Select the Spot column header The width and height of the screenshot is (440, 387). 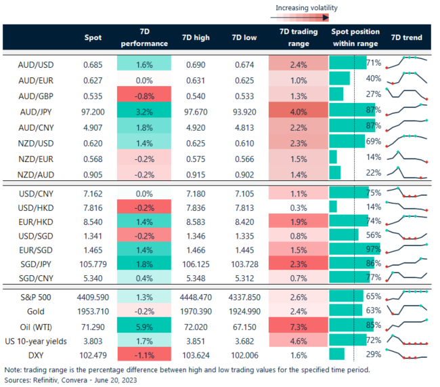click(x=93, y=38)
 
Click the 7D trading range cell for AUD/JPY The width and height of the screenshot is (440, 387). click(x=298, y=110)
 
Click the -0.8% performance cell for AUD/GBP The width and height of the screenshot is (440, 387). click(x=144, y=95)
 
